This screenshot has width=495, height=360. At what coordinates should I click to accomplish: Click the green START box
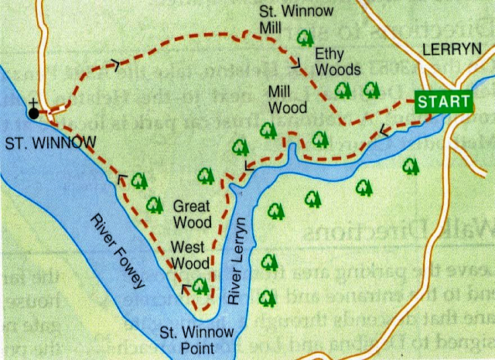click(442, 101)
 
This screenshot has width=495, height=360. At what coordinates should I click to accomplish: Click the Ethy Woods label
click(337, 62)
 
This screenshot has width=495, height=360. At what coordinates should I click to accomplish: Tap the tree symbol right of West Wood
click(201, 286)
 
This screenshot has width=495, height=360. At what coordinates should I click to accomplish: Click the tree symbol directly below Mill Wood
click(267, 128)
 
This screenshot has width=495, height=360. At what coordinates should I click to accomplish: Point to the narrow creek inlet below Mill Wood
click(291, 155)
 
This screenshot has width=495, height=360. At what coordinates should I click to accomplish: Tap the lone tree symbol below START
click(411, 165)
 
